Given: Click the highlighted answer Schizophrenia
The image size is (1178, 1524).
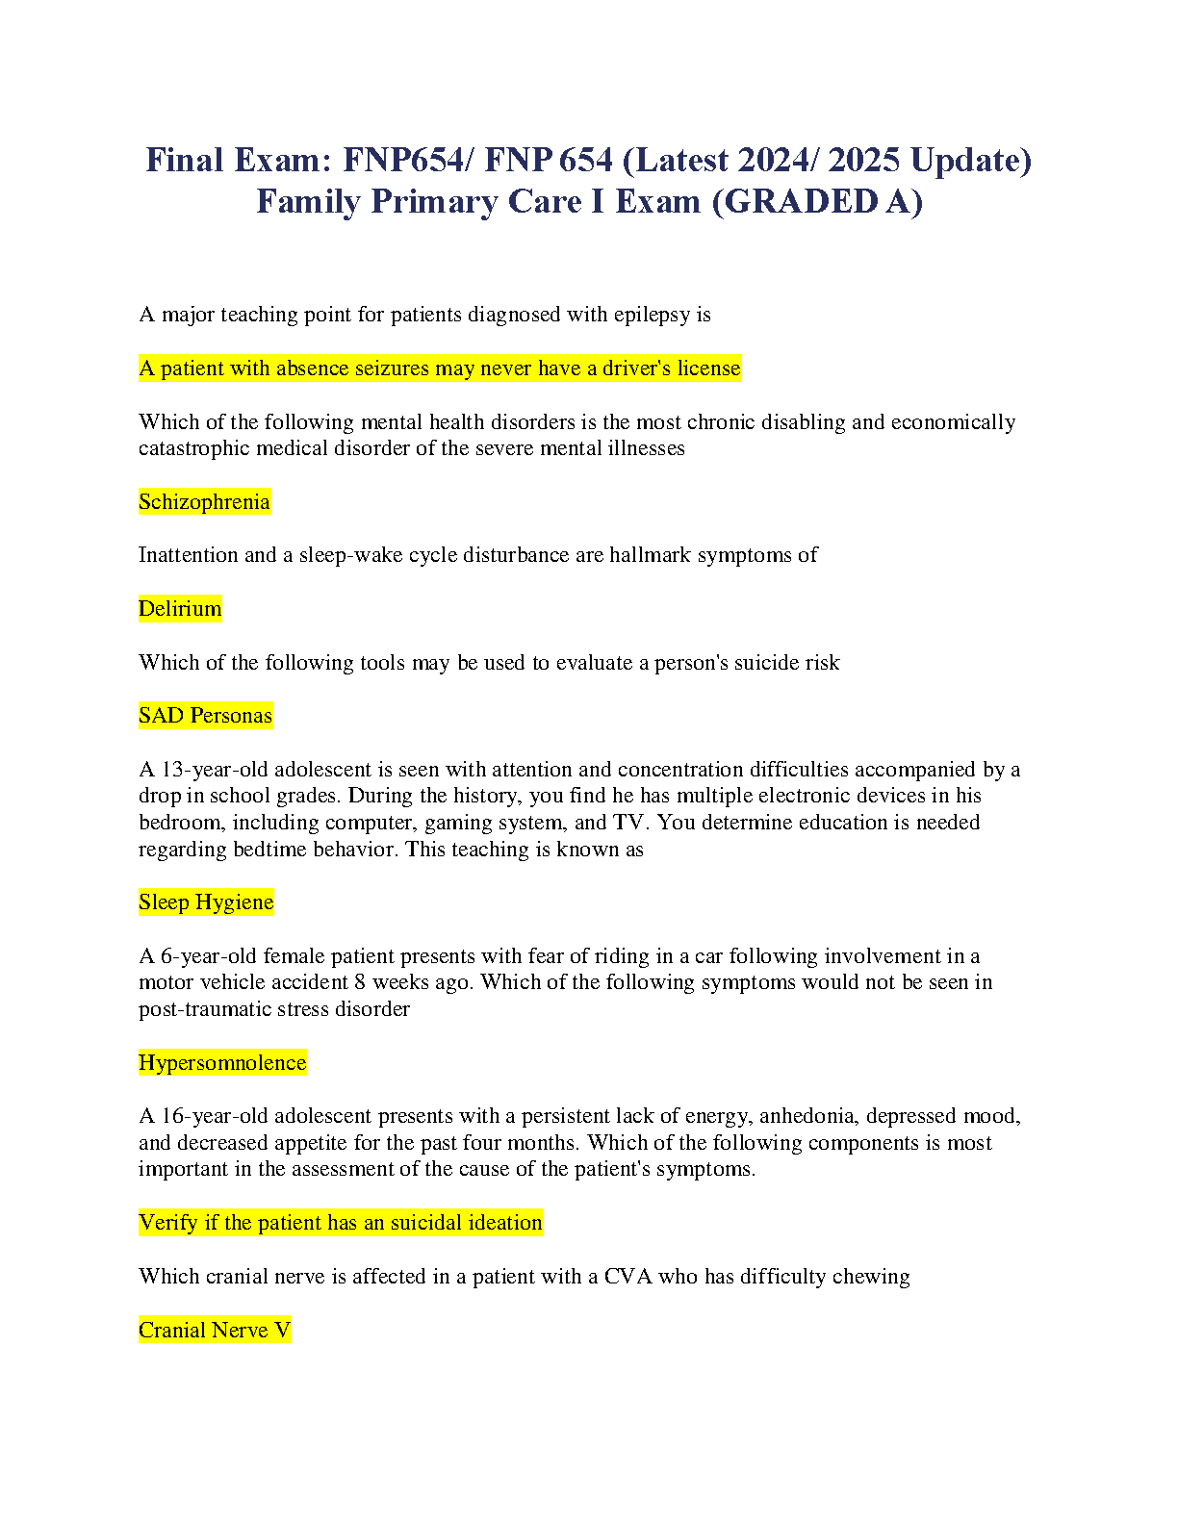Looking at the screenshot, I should pos(204,502).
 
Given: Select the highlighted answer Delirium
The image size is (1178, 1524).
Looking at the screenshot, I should pos(180,609).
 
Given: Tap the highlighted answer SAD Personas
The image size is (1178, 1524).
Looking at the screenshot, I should pos(205,716).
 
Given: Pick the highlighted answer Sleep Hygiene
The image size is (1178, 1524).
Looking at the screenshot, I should pos(206,902).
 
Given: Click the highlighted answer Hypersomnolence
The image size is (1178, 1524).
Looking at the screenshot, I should pos(222,1063).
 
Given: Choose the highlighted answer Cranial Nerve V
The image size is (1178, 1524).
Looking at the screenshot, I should pos(215,1331).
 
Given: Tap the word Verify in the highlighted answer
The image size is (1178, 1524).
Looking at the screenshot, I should pos(168,1223).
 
